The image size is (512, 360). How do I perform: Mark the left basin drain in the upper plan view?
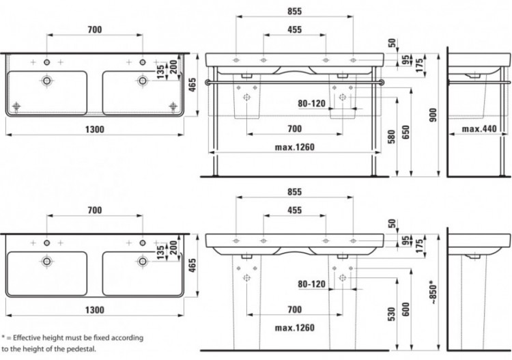pos(46,81)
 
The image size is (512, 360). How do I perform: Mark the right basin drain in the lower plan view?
pos(142,260)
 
